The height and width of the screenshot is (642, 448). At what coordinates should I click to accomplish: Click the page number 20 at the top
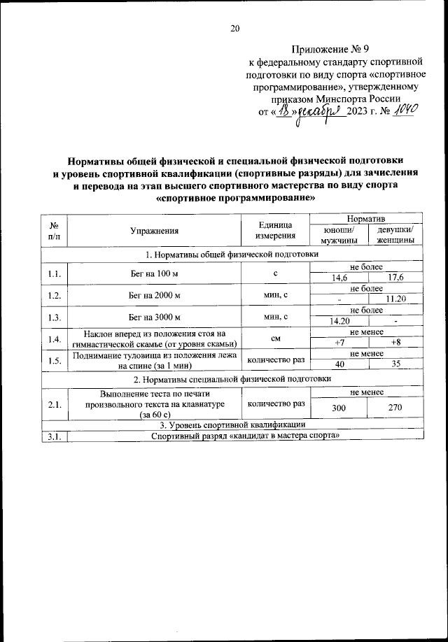[234, 28]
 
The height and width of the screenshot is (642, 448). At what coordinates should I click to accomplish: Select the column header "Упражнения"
[154, 230]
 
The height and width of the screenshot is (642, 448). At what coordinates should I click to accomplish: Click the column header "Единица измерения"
[272, 230]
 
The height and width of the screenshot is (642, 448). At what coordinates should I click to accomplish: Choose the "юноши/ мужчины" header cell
[339, 235]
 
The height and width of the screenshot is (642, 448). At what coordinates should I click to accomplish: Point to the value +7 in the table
[339, 342]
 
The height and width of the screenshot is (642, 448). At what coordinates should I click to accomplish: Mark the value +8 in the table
[395, 342]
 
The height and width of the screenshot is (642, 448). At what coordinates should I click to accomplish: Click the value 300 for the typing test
[339, 407]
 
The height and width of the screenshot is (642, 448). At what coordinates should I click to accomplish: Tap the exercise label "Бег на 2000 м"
[154, 294]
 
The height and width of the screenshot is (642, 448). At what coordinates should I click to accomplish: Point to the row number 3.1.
[53, 436]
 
